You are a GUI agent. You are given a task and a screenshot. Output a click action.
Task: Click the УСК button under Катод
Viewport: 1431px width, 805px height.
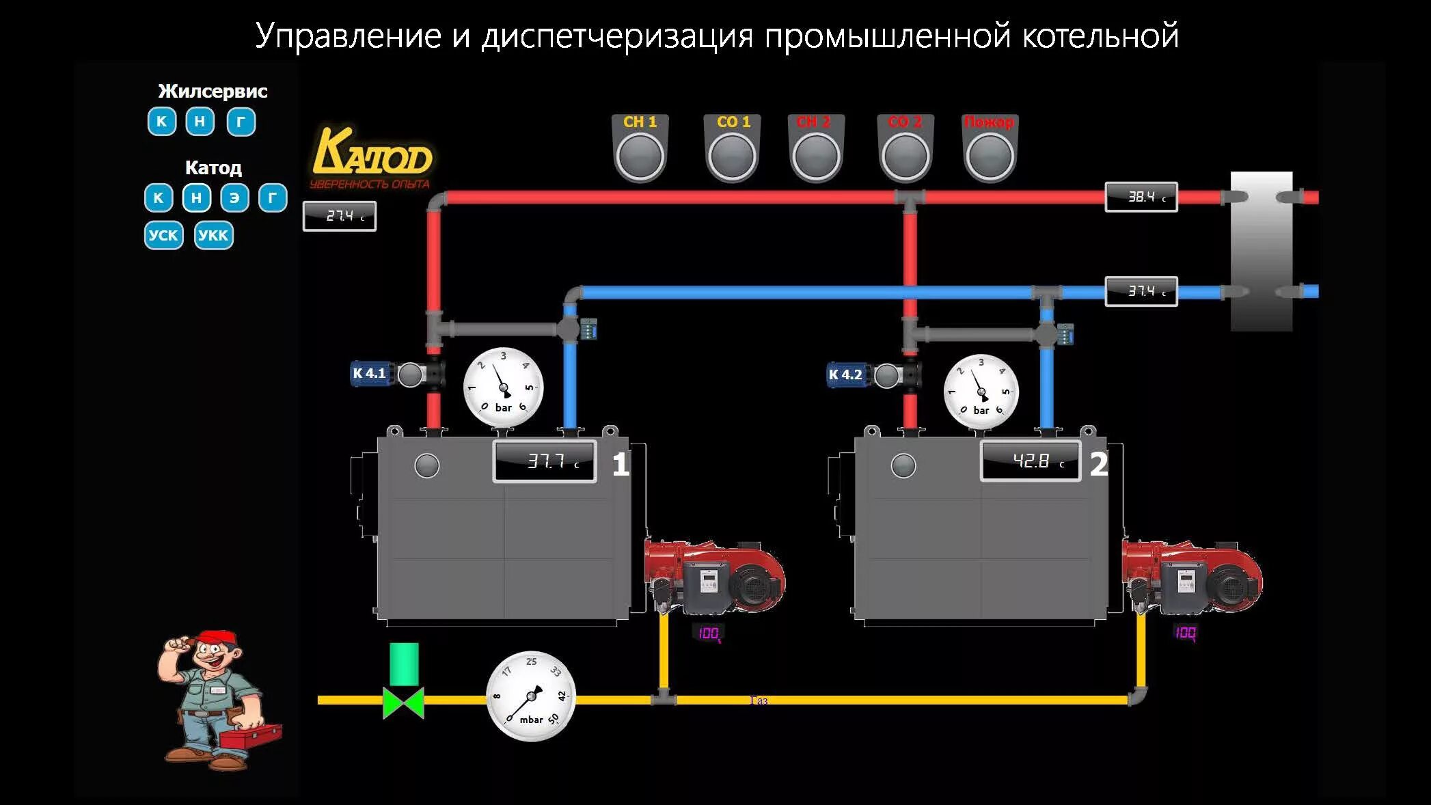click(163, 236)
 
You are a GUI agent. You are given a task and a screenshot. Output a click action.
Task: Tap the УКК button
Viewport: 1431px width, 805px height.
click(213, 236)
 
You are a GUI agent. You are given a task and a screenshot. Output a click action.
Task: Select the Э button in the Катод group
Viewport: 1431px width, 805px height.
click(234, 198)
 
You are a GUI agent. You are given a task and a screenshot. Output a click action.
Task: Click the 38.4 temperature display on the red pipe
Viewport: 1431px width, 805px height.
click(1141, 197)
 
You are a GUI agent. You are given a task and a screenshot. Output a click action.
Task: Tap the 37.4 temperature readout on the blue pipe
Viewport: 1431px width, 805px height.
click(1141, 291)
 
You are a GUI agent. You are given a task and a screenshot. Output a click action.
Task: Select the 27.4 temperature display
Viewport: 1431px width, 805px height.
click(339, 216)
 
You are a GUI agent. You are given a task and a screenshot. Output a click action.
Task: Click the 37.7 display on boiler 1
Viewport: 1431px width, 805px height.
click(545, 461)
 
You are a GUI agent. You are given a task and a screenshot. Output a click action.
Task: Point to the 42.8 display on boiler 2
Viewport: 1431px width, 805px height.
click(1031, 461)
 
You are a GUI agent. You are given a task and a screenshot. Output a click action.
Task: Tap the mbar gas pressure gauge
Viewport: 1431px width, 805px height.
click(531, 696)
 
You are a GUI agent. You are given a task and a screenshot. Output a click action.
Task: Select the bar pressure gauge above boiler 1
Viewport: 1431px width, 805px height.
click(504, 387)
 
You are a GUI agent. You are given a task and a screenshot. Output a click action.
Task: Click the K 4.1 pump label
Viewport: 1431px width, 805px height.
click(370, 374)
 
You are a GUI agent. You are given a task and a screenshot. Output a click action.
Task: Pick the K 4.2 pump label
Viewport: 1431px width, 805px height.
click(845, 374)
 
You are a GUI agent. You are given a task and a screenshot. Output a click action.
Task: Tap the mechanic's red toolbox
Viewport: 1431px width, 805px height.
click(250, 736)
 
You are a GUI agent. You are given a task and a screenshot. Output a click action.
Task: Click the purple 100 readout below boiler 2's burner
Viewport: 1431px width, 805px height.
click(1185, 633)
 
